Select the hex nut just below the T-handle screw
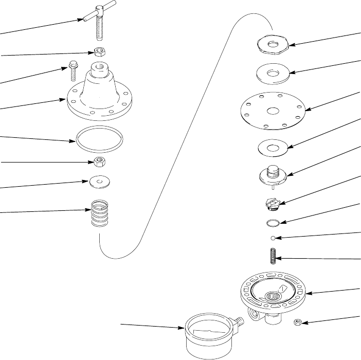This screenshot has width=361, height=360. (99, 52)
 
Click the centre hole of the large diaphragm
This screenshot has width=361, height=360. (272, 111)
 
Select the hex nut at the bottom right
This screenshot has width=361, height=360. (297, 322)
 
